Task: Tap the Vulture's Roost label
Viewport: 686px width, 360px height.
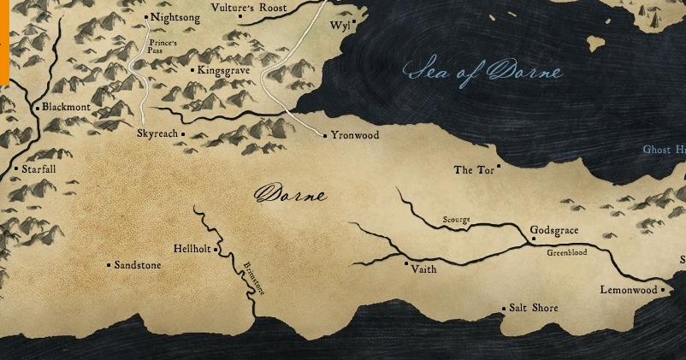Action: tap(251, 8)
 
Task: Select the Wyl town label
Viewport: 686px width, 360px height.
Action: tap(339, 26)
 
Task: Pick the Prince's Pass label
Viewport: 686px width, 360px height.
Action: tap(163, 46)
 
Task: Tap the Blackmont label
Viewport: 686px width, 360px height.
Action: tap(66, 108)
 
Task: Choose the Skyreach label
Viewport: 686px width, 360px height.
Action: tap(157, 134)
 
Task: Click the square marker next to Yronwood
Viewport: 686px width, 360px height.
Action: tap(325, 135)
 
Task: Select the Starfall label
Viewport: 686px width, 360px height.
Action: tap(38, 169)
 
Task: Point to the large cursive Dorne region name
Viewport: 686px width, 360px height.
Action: tap(291, 195)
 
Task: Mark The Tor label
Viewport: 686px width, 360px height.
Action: tap(474, 170)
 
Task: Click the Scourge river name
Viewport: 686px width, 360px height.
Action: tap(456, 221)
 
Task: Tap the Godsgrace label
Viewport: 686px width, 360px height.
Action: tap(554, 231)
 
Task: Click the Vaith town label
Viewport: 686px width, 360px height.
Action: tap(423, 269)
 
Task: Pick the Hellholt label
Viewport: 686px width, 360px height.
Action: tap(192, 249)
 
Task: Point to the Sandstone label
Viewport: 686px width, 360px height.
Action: tap(137, 266)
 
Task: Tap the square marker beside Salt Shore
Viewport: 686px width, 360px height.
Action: tap(503, 308)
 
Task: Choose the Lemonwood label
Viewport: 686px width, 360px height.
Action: tap(629, 290)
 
